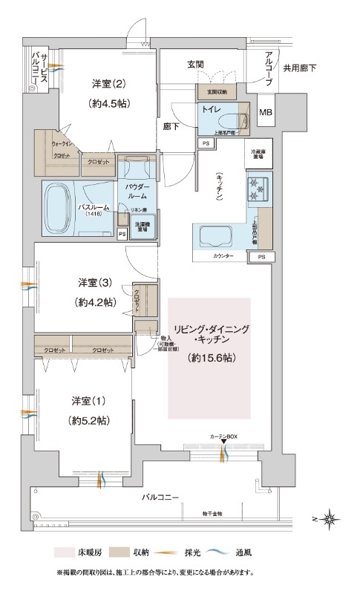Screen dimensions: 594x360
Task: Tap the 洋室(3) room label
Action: (96, 283)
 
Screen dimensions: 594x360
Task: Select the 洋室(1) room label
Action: (88, 401)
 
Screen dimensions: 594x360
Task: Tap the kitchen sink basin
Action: (216, 235)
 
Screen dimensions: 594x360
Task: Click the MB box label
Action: (265, 112)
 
